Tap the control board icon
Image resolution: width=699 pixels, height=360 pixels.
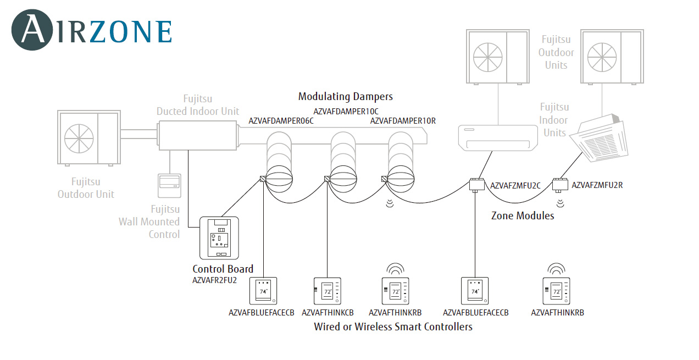coord(220,238)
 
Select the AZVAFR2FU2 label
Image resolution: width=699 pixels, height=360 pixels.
coord(214,280)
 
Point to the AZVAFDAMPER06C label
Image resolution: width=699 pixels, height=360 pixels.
coord(281,121)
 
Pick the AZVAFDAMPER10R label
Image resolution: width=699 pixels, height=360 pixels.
coord(403,121)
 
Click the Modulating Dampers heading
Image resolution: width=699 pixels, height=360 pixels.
coord(346,97)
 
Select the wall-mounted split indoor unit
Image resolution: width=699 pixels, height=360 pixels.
coord(498,137)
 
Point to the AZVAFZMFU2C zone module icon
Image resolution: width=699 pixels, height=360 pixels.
coord(475,184)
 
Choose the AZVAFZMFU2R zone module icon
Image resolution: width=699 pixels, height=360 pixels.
coord(560,184)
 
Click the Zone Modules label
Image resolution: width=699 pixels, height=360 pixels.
coord(523,216)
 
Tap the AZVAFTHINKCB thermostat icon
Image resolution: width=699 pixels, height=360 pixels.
coord(328,291)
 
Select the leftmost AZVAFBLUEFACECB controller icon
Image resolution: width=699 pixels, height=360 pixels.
coord(263,291)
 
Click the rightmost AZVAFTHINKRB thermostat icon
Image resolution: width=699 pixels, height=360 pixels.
coord(556,291)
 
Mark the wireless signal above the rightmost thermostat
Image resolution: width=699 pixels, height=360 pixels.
coord(556,269)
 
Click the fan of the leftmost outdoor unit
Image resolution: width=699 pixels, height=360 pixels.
coord(79,137)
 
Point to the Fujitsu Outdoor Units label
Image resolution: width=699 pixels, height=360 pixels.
coord(556,52)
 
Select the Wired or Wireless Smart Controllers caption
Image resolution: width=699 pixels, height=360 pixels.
coord(393,327)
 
